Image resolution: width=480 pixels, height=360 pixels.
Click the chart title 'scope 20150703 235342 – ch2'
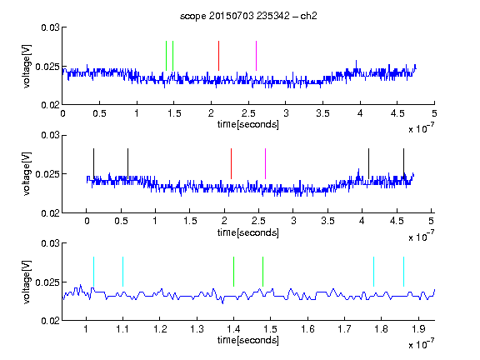pyautogui.click(x=248, y=16)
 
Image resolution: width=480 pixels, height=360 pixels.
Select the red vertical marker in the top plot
pyautogui.click(x=218, y=56)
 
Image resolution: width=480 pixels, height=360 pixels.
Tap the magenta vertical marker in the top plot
pyautogui.click(x=256, y=56)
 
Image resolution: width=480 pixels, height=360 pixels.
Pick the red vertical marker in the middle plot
pyautogui.click(x=231, y=164)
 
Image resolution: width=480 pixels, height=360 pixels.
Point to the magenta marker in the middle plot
pyautogui.click(x=265, y=164)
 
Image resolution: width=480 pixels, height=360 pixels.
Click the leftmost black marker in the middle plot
pyautogui.click(x=93, y=164)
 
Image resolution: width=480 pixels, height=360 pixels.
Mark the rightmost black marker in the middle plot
pyautogui.click(x=404, y=164)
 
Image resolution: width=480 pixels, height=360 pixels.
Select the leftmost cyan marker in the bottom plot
pyautogui.click(x=93, y=272)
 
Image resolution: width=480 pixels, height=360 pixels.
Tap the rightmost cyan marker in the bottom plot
pyautogui.click(x=404, y=272)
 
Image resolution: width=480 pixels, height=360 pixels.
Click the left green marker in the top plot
pyautogui.click(x=166, y=56)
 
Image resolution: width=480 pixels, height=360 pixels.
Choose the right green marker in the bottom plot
pyautogui.click(x=263, y=272)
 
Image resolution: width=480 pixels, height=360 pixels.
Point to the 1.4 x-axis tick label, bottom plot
pyautogui.click(x=233, y=329)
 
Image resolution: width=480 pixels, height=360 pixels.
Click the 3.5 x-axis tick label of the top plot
pyautogui.click(x=322, y=113)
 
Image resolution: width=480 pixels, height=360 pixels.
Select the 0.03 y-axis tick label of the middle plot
pyautogui.click(x=51, y=135)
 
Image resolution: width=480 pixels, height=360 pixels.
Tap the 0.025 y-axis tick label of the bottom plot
pyautogui.click(x=47, y=282)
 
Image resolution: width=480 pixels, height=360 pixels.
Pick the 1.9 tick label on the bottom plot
pyautogui.click(x=418, y=329)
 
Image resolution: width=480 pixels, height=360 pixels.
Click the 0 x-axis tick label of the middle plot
pyautogui.click(x=87, y=221)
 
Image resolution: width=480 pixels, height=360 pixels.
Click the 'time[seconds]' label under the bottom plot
pyautogui.click(x=248, y=340)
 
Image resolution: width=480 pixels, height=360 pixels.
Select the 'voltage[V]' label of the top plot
pyautogui.click(x=27, y=66)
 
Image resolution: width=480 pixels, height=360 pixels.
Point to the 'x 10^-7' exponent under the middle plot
pyautogui.click(x=421, y=236)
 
